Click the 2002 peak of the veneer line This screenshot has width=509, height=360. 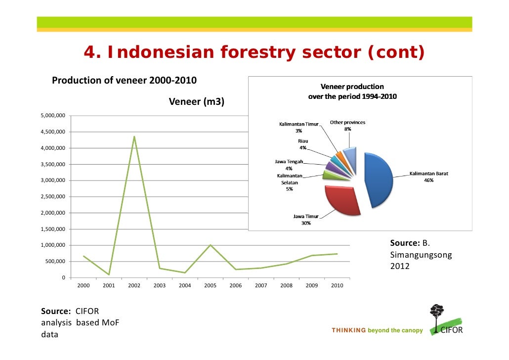[134, 136]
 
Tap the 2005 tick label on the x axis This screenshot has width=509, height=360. [210, 285]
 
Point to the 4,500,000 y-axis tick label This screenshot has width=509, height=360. [53, 132]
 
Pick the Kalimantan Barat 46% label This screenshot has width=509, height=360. [428, 177]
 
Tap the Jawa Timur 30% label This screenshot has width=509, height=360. [306, 220]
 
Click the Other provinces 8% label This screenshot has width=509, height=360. [347, 126]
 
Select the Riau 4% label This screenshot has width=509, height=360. [302, 144]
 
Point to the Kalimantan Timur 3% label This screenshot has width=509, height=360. [298, 128]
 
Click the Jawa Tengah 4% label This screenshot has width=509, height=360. [289, 165]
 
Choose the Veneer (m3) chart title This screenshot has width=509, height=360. [196, 102]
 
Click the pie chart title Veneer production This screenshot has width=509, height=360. [352, 91]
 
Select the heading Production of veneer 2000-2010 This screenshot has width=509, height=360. [124, 80]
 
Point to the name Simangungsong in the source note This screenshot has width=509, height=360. [414, 255]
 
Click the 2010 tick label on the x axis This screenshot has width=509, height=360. [337, 285]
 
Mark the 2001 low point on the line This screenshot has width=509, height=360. [109, 274]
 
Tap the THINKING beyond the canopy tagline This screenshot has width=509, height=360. [377, 330]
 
